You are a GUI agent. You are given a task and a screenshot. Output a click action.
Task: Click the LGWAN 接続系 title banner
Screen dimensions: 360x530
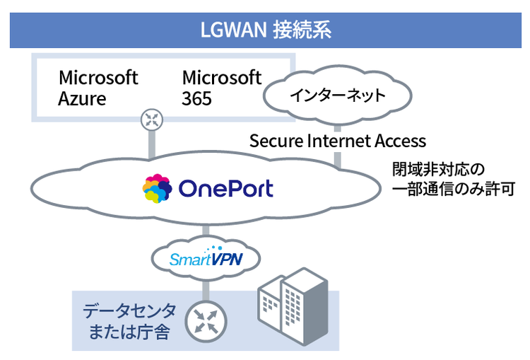point(265,31)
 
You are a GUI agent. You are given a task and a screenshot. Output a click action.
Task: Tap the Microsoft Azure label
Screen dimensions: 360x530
point(98,87)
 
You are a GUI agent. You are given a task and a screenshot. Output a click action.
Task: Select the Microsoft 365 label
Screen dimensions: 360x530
point(221,87)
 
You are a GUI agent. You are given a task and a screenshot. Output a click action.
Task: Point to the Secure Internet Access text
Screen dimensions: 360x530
point(337,141)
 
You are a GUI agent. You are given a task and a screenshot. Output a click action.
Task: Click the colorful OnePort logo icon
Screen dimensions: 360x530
point(157,189)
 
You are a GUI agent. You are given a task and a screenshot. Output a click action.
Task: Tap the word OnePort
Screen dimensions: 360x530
point(225,189)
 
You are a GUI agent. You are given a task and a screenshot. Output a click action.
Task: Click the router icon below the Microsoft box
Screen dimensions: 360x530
point(151,119)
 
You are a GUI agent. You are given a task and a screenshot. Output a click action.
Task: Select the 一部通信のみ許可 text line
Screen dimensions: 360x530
point(452,190)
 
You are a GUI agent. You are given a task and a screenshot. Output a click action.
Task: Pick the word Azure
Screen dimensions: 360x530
point(82,98)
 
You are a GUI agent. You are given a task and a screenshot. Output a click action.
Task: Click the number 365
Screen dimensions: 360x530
point(196,98)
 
